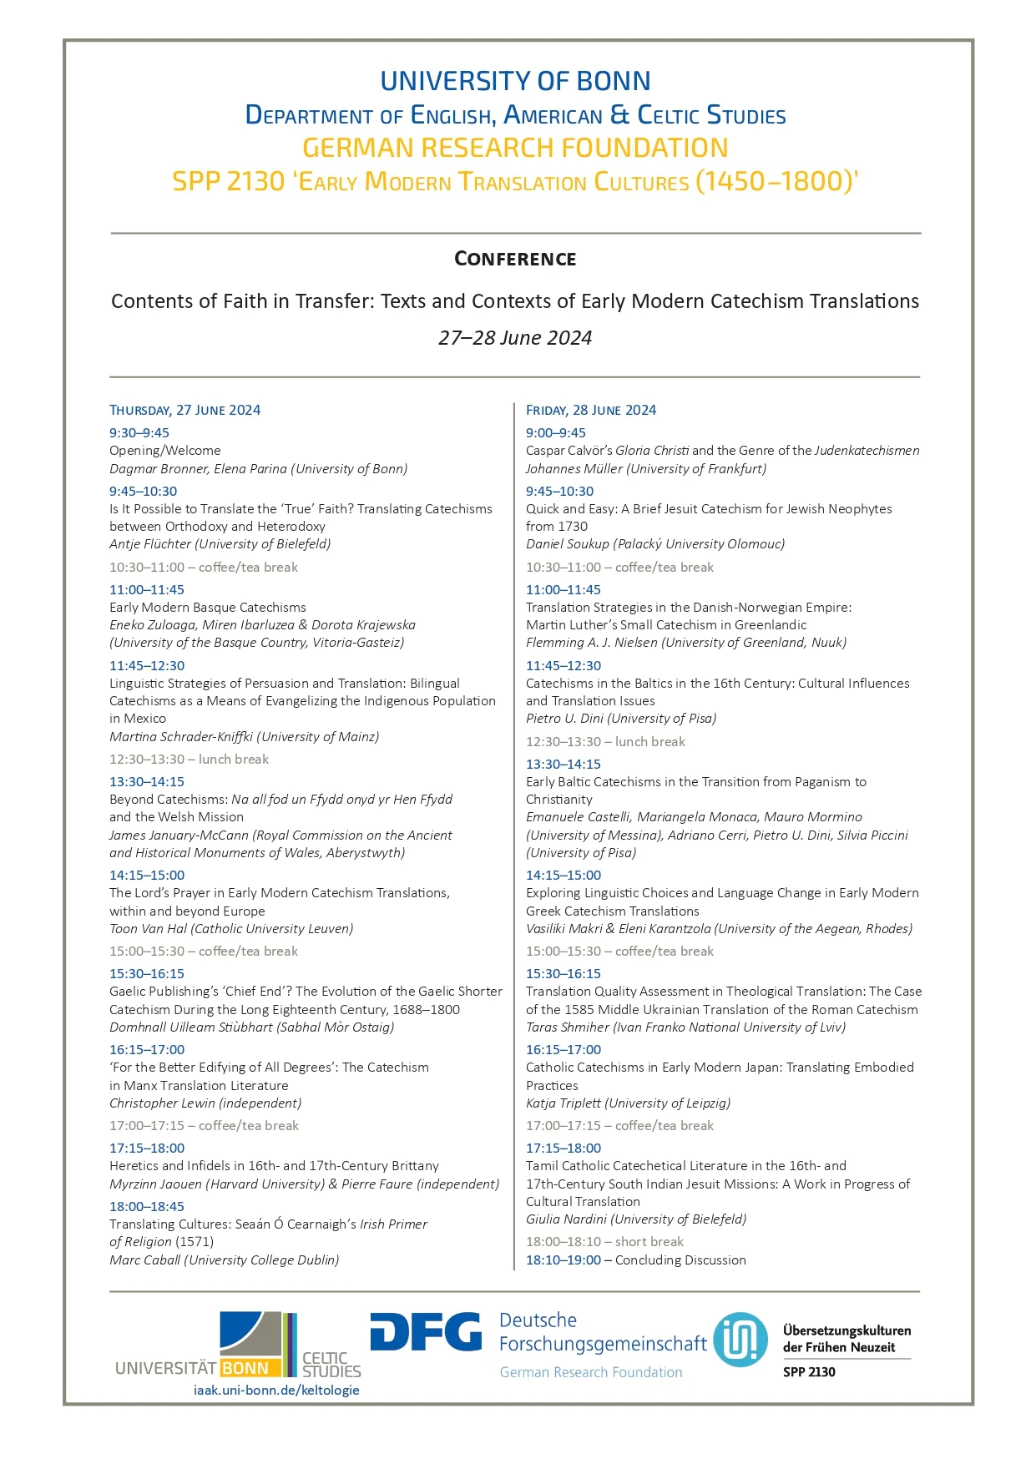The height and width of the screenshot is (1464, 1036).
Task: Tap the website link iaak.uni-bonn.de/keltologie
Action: pyautogui.click(x=276, y=1390)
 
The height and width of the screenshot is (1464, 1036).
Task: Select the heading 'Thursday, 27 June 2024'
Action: pyautogui.click(x=184, y=410)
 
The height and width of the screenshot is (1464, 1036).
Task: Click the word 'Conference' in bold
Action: pyautogui.click(x=515, y=259)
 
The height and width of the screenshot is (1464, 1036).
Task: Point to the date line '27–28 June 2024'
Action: pyautogui.click(x=515, y=338)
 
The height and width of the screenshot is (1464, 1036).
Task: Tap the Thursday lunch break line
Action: pyautogui.click(x=189, y=759)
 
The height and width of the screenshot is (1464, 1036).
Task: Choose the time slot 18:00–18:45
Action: pyautogui.click(x=147, y=1206)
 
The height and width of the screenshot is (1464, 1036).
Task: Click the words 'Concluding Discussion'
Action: pyautogui.click(x=680, y=1260)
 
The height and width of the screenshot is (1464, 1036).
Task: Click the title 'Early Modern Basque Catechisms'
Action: pyautogui.click(x=208, y=607)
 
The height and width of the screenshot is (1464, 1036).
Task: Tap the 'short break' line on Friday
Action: pyautogui.click(x=604, y=1241)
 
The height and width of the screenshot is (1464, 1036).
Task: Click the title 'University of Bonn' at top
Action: pyautogui.click(x=515, y=81)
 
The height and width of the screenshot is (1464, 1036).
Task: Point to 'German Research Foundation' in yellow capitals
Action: pyautogui.click(x=515, y=148)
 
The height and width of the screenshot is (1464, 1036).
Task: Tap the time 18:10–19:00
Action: pyautogui.click(x=563, y=1260)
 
